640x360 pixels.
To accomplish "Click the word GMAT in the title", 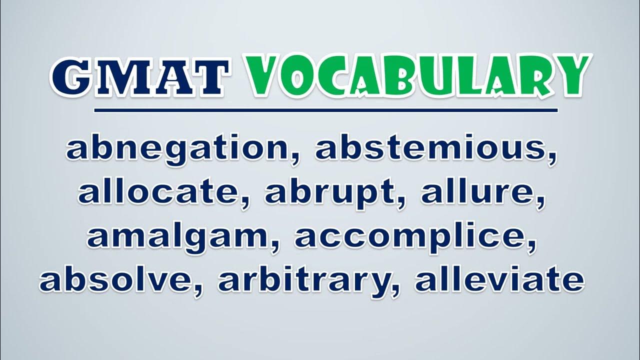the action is point(140,77).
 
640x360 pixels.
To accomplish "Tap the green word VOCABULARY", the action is point(416,76).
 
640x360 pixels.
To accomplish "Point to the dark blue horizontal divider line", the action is point(325,110).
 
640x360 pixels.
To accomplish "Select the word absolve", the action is point(119,278).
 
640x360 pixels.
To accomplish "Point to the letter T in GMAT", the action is point(210,77).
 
